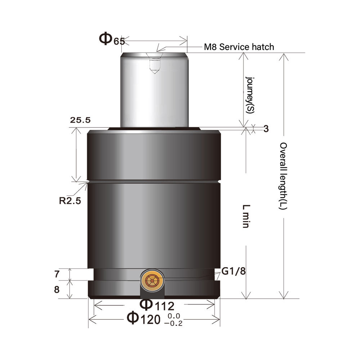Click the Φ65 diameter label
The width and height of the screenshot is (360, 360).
112,39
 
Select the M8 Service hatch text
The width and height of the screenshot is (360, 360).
239,47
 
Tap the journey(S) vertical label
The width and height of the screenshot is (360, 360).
249,95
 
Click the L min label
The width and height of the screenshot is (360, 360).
246,216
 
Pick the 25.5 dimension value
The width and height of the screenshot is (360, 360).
80,120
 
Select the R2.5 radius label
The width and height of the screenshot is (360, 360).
70,201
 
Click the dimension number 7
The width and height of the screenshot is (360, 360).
57,274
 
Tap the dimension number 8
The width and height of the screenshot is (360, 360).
57,289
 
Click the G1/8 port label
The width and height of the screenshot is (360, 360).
233,271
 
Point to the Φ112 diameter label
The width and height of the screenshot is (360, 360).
157,305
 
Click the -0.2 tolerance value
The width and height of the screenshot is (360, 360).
173,323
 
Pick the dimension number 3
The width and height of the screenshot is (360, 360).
266,129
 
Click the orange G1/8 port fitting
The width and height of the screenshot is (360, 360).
153,280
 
